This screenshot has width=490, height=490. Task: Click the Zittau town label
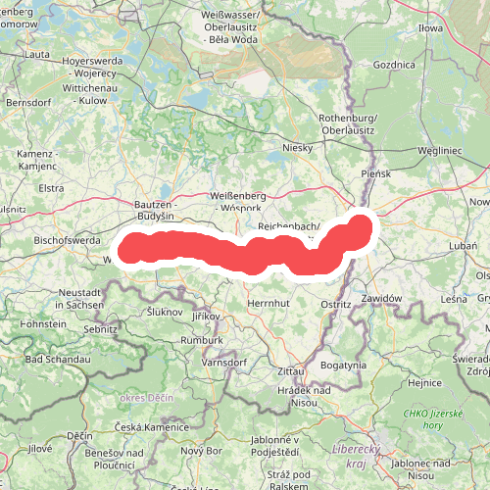pyautogui.click(x=291, y=372)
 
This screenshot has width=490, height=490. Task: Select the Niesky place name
pyautogui.click(x=296, y=148)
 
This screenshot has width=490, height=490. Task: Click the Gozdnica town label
pyautogui.click(x=395, y=64)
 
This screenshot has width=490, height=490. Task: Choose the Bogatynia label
pyautogui.click(x=343, y=365)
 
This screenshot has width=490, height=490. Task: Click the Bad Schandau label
pyautogui.click(x=58, y=360)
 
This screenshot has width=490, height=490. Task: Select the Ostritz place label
pyautogui.click(x=336, y=305)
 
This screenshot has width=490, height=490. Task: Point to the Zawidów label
pyautogui.click(x=382, y=298)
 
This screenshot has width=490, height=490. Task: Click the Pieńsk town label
pyautogui.click(x=375, y=173)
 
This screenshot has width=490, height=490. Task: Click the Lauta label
pyautogui.click(x=40, y=55)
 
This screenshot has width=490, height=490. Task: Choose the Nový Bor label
pyautogui.click(x=201, y=450)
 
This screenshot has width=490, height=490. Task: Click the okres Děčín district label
pyautogui.click(x=145, y=399)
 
